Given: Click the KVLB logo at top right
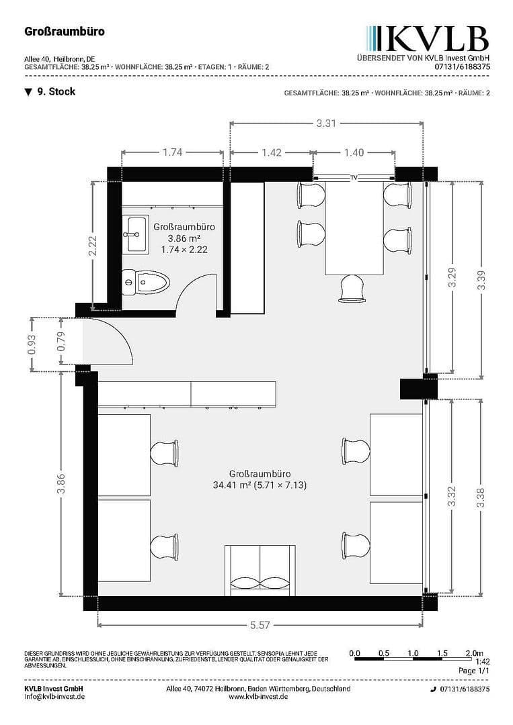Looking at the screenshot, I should [x=428, y=39].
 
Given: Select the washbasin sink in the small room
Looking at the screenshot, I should [x=136, y=235].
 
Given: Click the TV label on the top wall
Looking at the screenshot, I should [x=354, y=178].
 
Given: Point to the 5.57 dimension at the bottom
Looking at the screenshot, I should [x=260, y=625].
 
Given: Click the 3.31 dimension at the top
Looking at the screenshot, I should [x=326, y=123].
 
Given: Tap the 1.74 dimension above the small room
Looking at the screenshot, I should [x=172, y=152].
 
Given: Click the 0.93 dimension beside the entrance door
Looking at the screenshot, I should [x=31, y=344].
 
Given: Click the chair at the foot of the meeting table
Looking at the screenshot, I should [x=354, y=287].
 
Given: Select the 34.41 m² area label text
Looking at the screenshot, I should [x=259, y=484].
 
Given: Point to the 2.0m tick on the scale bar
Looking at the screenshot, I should [x=473, y=652].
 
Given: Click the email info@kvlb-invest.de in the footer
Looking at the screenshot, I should [x=54, y=697].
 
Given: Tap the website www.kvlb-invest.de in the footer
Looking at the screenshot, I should [x=258, y=697].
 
